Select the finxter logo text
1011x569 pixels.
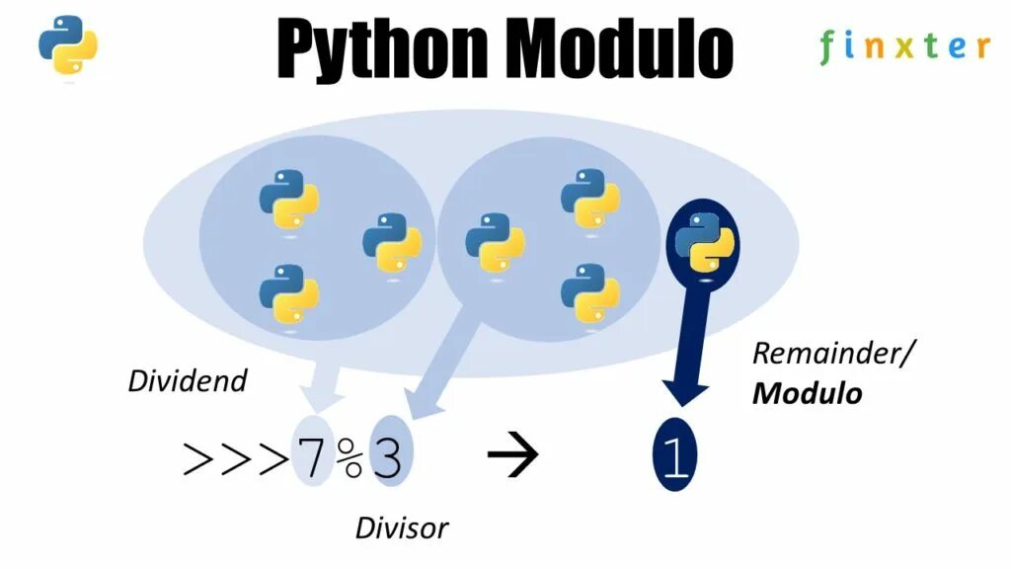pyautogui.click(x=903, y=46)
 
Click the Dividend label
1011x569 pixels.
pyautogui.click(x=187, y=381)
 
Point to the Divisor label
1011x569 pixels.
pyautogui.click(x=401, y=528)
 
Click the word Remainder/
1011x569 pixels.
pyautogui.click(x=827, y=354)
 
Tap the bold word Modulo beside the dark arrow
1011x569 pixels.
pyautogui.click(x=807, y=393)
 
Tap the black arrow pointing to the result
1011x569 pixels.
pyautogui.click(x=513, y=455)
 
